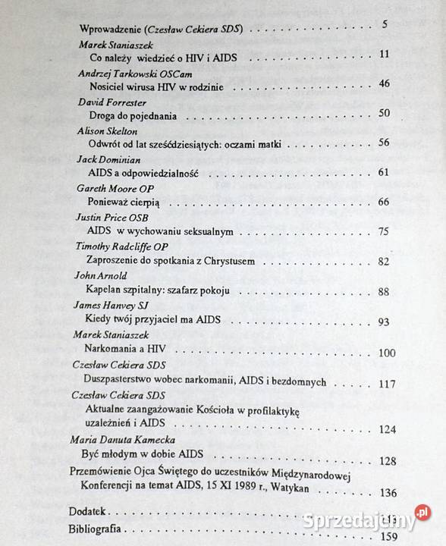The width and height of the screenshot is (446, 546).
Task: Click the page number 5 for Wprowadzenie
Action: tap(385, 24)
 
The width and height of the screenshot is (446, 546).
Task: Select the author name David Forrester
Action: tap(113, 102)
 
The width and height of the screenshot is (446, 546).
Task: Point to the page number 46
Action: tap(384, 83)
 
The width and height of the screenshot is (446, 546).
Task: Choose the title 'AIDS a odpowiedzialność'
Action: tap(143, 173)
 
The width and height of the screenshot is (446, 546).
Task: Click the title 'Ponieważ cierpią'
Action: tap(129, 202)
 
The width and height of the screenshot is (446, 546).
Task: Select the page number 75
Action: tap(384, 232)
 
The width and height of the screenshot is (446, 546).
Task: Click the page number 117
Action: tap(387, 384)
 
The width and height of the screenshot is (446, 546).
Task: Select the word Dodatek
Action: tap(86, 511)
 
